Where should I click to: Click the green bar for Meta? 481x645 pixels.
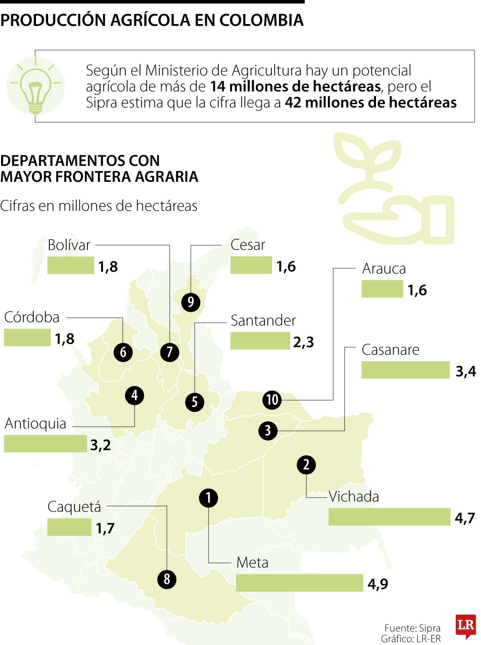(299, 583)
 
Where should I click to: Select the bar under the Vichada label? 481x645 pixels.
(389, 517)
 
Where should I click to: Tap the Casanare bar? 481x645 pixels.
(405, 370)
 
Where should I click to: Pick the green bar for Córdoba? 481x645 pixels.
(27, 337)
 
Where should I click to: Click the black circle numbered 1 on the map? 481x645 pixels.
(208, 498)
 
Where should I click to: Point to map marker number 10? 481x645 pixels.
(272, 400)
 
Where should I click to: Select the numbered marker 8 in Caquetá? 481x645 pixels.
(167, 579)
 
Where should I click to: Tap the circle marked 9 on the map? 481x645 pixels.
(190, 302)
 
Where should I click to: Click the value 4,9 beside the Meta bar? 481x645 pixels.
(378, 584)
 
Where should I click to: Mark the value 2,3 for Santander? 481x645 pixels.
(303, 342)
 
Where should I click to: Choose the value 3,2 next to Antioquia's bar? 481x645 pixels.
(100, 445)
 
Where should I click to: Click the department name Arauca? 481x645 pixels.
(384, 269)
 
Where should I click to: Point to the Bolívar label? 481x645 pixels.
(69, 245)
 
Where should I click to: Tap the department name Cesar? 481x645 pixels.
(248, 245)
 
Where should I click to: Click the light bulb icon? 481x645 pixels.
(35, 86)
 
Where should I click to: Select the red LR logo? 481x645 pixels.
(465, 625)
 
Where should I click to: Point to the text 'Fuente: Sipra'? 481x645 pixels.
(412, 628)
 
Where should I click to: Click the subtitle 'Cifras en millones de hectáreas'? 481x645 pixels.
(99, 206)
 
